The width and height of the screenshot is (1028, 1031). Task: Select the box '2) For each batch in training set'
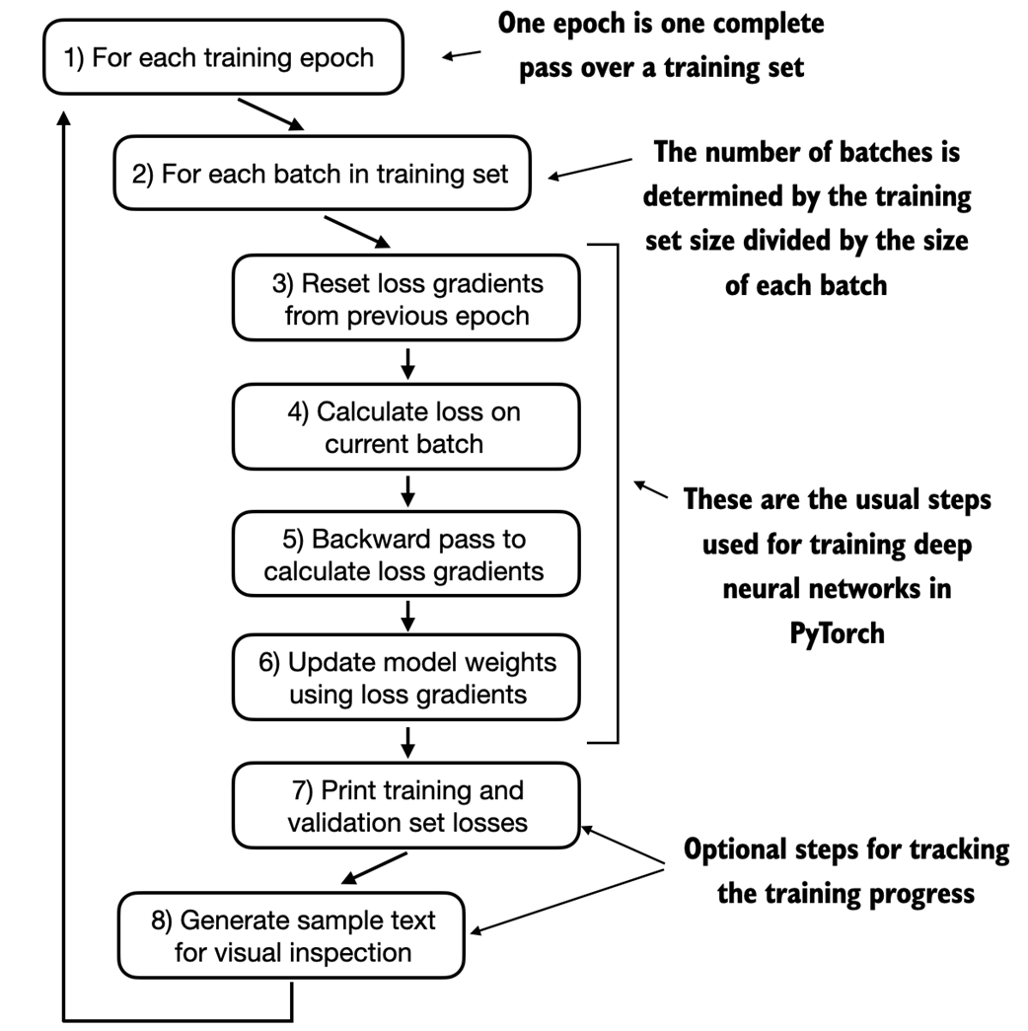point(321,175)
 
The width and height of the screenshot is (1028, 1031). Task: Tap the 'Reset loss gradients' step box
point(406,300)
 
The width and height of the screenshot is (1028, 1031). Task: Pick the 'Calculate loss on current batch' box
point(406,427)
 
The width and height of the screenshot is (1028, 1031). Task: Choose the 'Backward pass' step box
point(406,554)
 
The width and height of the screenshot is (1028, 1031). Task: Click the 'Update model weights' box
point(406,678)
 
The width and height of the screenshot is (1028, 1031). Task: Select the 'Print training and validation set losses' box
point(406,805)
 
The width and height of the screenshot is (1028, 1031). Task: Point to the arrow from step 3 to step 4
point(407,362)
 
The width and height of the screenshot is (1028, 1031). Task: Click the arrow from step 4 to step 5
point(407,488)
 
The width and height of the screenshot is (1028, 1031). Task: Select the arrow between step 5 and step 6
point(407,615)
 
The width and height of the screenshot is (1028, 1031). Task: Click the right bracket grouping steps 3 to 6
point(616,490)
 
